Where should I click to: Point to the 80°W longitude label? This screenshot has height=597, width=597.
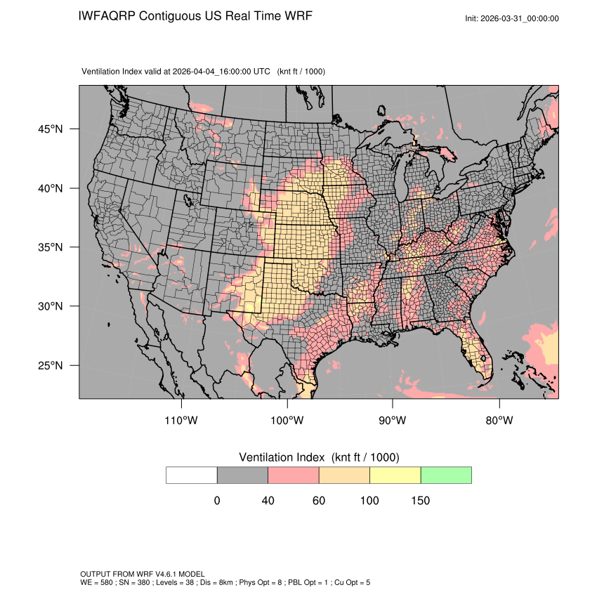pyautogui.click(x=499, y=420)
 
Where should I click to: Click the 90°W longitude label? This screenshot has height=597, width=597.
pyautogui.click(x=393, y=420)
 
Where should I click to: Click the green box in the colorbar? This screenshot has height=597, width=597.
pyautogui.click(x=446, y=475)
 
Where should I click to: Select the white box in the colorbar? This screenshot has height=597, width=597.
pyautogui.click(x=192, y=475)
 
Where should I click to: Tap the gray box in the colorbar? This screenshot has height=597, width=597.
pyautogui.click(x=242, y=475)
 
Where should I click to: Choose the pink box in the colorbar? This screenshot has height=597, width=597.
pyautogui.click(x=294, y=475)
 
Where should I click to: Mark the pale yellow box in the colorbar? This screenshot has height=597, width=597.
pyautogui.click(x=395, y=475)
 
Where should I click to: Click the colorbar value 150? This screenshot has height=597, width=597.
pyautogui.click(x=420, y=501)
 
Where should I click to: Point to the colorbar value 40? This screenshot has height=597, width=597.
pyautogui.click(x=268, y=501)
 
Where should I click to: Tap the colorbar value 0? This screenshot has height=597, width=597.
pyautogui.click(x=217, y=501)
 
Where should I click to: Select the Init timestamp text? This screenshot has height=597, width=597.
pyautogui.click(x=512, y=18)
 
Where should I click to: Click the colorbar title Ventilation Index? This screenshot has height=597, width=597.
pyautogui.click(x=284, y=457)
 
